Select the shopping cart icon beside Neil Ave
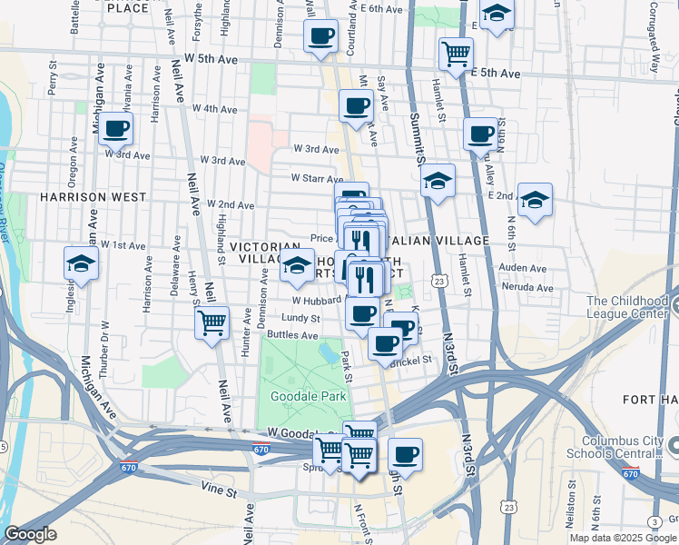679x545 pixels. point(212,322)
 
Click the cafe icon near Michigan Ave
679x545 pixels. point(116,129)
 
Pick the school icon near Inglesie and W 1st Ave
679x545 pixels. point(82,264)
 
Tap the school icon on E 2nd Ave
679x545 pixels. point(536,200)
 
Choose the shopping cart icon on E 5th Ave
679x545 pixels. point(456,53)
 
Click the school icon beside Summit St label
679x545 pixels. point(438,181)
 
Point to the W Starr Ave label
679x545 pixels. point(316,178)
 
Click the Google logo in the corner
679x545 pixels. point(30,534)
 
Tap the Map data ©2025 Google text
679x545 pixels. point(623,538)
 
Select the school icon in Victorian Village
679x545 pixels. point(297,265)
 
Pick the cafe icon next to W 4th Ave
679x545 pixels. point(356,105)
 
